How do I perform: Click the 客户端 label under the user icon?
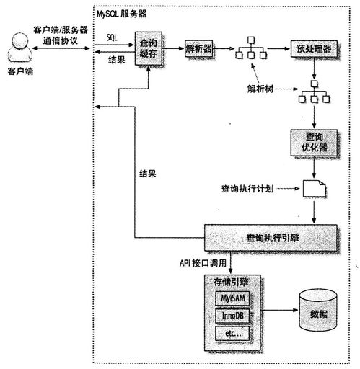pos(19,73)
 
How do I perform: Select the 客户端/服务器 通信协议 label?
pos(61,35)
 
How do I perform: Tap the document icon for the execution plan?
pos(312,190)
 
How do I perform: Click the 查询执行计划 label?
pos(248,190)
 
